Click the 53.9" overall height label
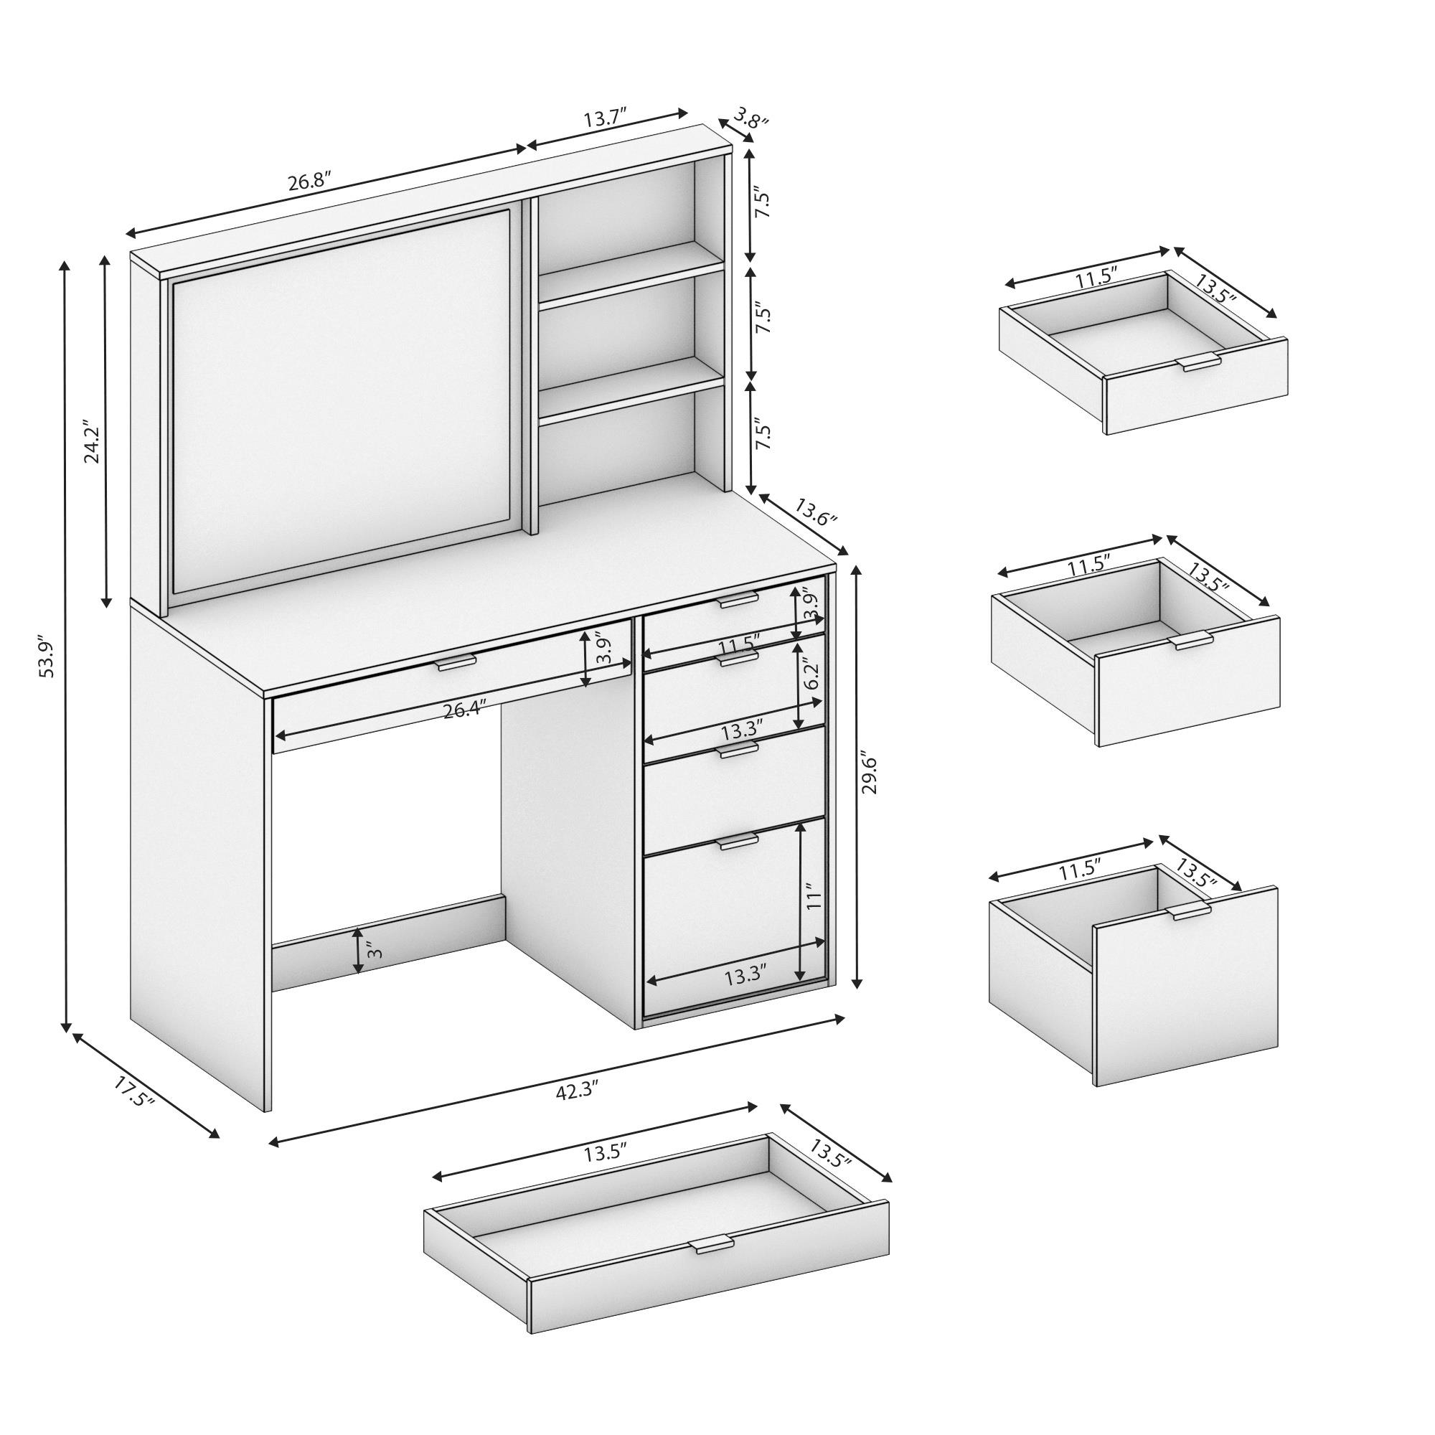coord(47,656)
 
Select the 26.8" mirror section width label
coord(309,182)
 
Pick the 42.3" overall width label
coord(576,1091)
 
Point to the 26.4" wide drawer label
coord(464,710)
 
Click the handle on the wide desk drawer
coord(456,662)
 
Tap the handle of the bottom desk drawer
coord(738,842)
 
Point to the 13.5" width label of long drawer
coord(605,1154)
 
